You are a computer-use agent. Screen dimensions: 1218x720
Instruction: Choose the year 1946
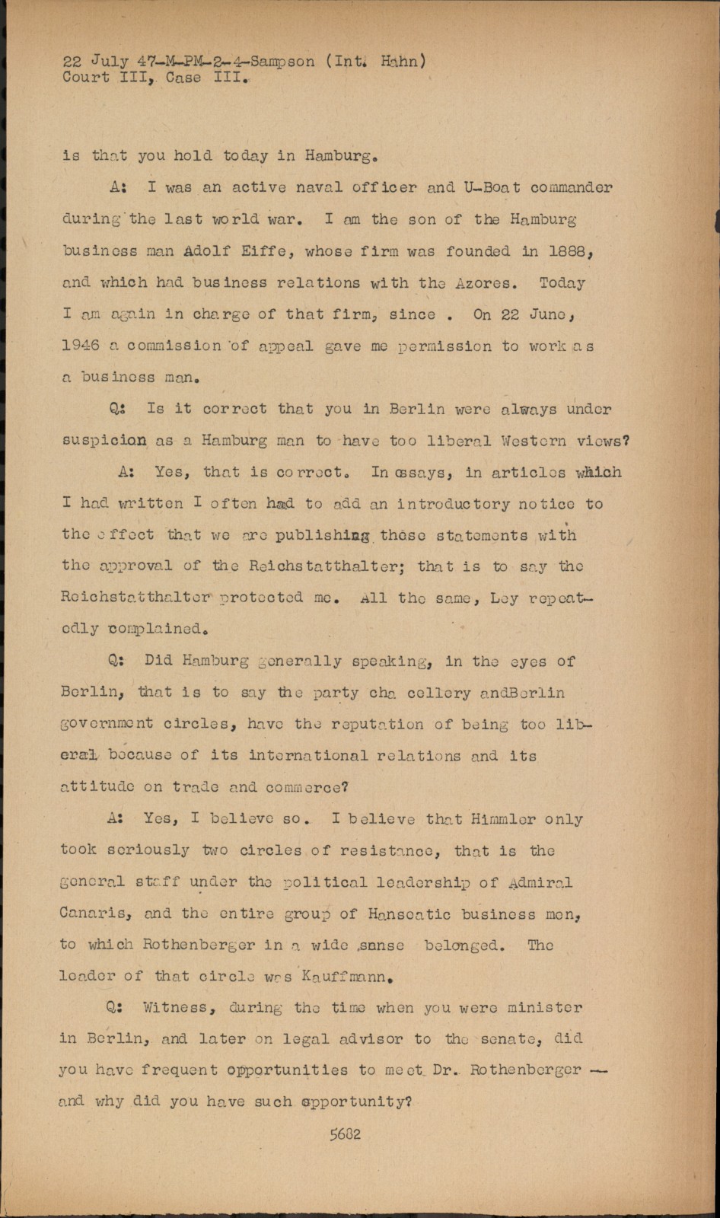pos(81,346)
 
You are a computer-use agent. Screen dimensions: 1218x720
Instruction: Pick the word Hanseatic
pos(409,913)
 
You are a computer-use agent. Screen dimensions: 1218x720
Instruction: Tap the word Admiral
pos(540,883)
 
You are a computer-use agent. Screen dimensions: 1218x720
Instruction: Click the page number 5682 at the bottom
pos(345,1134)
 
